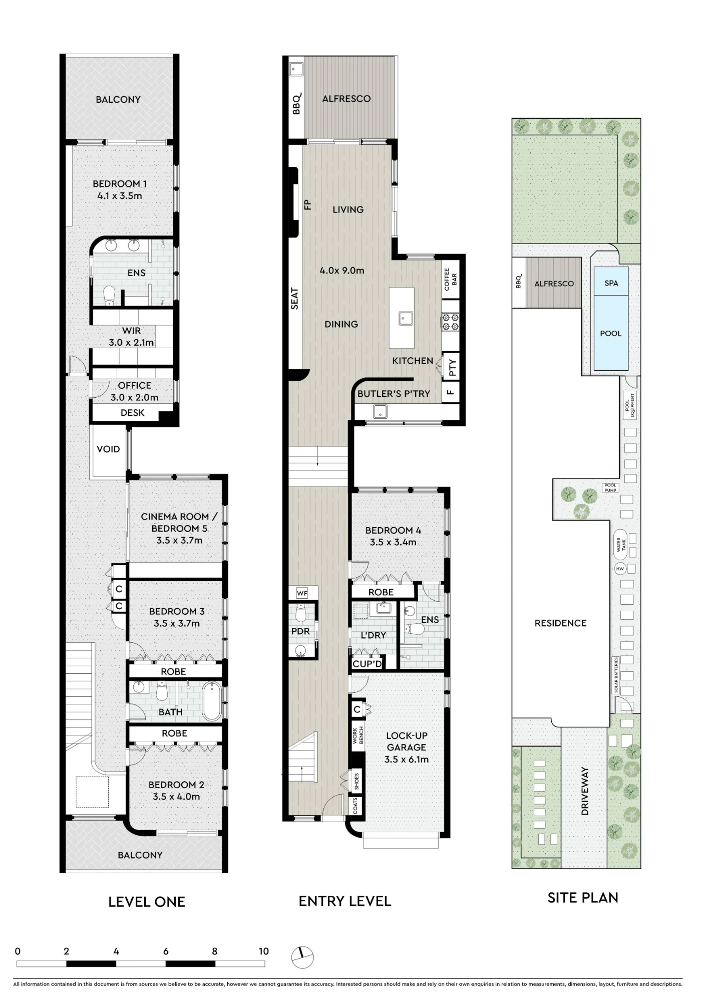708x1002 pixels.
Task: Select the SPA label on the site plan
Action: click(x=611, y=283)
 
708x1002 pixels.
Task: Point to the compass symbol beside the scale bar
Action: click(x=302, y=957)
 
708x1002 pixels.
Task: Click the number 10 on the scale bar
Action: click(x=264, y=951)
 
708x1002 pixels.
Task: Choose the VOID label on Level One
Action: click(x=108, y=449)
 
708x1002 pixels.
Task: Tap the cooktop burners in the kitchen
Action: click(x=450, y=322)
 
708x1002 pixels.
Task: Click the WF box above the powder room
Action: click(x=302, y=593)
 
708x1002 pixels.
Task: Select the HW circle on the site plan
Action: click(x=620, y=569)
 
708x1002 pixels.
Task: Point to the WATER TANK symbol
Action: click(x=621, y=545)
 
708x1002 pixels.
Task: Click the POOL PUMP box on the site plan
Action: click(x=610, y=487)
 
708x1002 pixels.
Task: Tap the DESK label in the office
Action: click(x=133, y=413)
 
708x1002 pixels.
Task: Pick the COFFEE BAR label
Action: click(x=451, y=280)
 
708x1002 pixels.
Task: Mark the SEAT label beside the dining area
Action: click(x=295, y=299)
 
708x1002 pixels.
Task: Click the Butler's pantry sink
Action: click(x=380, y=412)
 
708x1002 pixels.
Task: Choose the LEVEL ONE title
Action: click(x=147, y=902)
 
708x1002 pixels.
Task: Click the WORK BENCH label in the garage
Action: click(x=358, y=735)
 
